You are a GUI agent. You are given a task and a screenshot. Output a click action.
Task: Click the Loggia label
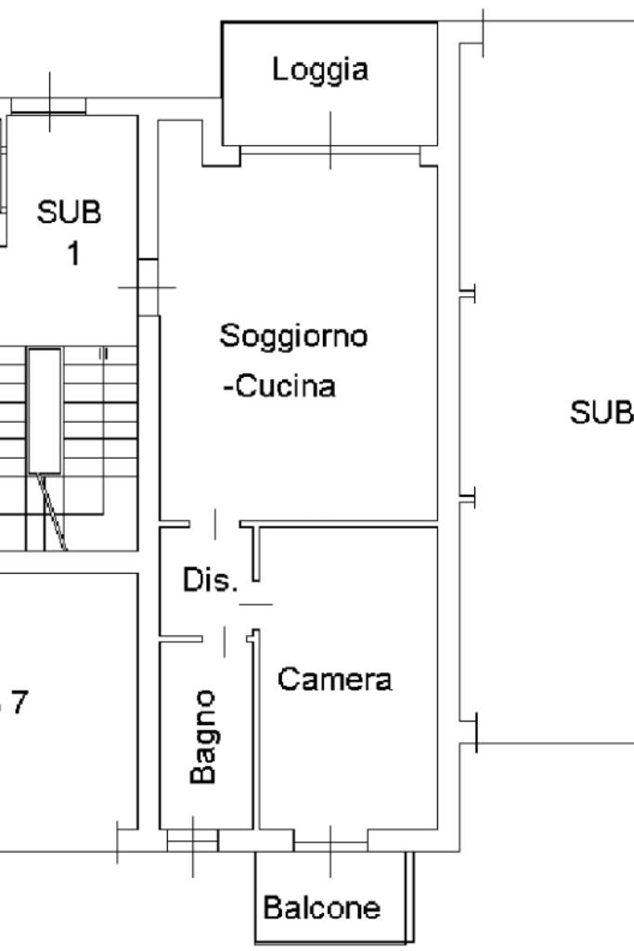point(319,70)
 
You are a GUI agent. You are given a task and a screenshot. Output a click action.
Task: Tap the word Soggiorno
point(293,335)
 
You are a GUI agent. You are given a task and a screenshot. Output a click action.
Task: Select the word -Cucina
point(278,386)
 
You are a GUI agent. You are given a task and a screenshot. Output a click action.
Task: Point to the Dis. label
point(211,581)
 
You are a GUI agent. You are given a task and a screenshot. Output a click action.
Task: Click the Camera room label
point(334,680)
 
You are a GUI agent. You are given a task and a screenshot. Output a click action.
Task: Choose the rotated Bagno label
point(204,736)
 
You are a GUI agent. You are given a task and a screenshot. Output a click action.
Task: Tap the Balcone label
point(321,907)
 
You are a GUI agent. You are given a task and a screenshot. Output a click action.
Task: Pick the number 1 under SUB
point(71,254)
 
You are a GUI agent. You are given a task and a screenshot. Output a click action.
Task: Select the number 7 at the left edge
point(19,703)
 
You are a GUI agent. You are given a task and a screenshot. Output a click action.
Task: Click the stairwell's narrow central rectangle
point(45,410)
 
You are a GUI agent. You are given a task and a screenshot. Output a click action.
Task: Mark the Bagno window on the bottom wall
point(192,840)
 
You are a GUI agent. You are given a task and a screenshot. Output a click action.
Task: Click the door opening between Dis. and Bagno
point(225,638)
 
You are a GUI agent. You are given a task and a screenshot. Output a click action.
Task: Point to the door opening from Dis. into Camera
point(255,604)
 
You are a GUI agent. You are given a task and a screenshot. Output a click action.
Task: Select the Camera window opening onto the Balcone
point(330,840)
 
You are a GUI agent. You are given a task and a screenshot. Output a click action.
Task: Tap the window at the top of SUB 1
point(48,107)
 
